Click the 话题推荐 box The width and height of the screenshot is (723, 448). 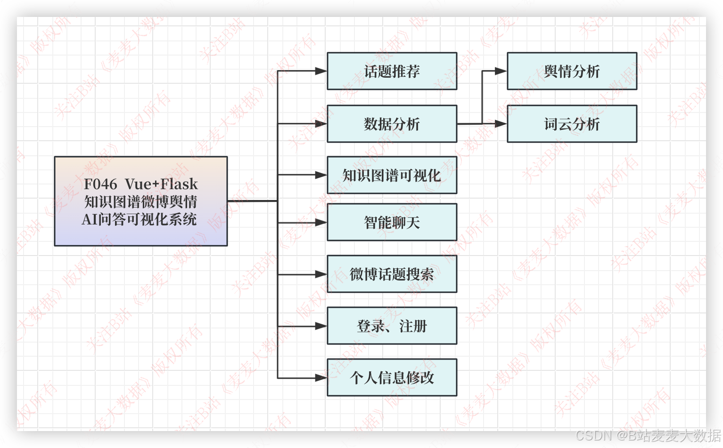[x=392, y=71]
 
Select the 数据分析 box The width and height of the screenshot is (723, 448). [x=392, y=124]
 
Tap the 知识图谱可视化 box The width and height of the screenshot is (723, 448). [x=392, y=175]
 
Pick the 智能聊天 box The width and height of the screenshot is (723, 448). [x=392, y=222]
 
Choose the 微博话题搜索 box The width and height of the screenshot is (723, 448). [x=392, y=274]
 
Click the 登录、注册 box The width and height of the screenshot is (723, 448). [x=392, y=326]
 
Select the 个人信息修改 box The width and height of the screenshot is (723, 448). [x=392, y=377]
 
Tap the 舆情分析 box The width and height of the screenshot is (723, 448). [x=572, y=71]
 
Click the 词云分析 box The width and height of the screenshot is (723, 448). [x=572, y=124]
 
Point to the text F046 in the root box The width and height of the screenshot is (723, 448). [x=100, y=184]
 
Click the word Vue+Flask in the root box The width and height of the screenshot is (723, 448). [x=161, y=184]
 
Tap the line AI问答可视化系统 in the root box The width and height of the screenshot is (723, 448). [x=140, y=219]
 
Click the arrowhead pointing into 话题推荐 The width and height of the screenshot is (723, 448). [x=321, y=71]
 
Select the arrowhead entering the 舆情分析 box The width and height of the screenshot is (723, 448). [x=501, y=71]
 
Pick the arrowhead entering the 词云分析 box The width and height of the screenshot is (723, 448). [x=501, y=124]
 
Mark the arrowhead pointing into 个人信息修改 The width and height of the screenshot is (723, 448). [x=321, y=377]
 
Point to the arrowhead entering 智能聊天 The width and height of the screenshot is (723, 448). [x=321, y=222]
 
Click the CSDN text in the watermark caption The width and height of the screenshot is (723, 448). [x=592, y=435]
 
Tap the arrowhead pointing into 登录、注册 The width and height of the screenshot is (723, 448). [x=321, y=326]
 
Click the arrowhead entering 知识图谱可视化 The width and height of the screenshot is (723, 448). [x=321, y=175]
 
